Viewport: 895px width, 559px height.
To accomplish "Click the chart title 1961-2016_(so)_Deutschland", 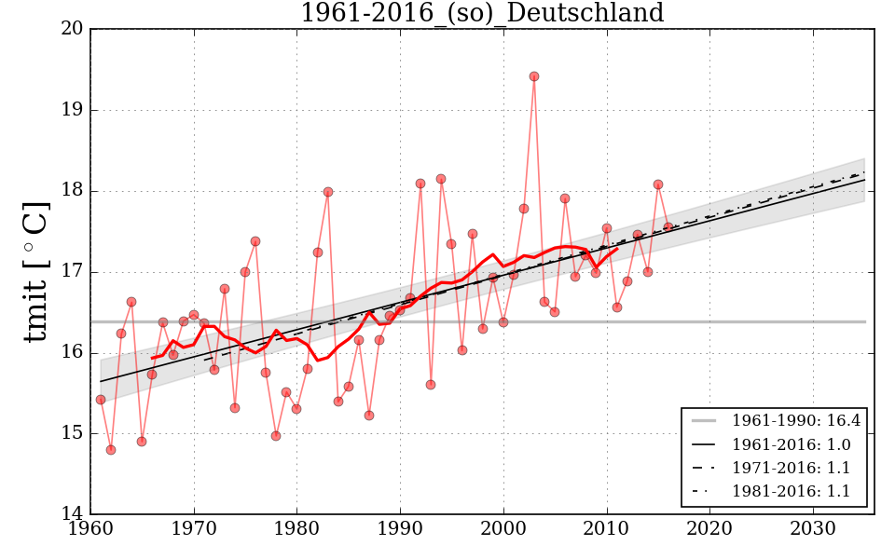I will click(x=481, y=14).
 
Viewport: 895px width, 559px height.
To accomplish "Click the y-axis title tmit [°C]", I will click(x=35, y=271).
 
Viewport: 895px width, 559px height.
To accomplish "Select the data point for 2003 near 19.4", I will click(x=534, y=76).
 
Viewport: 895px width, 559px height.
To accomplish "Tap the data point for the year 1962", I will click(x=111, y=449).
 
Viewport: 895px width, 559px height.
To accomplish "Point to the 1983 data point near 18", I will click(x=328, y=192).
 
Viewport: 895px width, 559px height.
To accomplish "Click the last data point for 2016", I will click(x=668, y=226).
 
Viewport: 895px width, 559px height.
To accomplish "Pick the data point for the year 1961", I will click(x=101, y=400).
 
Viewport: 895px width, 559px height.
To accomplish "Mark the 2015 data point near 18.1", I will click(x=658, y=184).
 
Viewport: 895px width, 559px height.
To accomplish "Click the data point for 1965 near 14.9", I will click(x=142, y=442).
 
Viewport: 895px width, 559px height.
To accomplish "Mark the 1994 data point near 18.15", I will click(x=441, y=179).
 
